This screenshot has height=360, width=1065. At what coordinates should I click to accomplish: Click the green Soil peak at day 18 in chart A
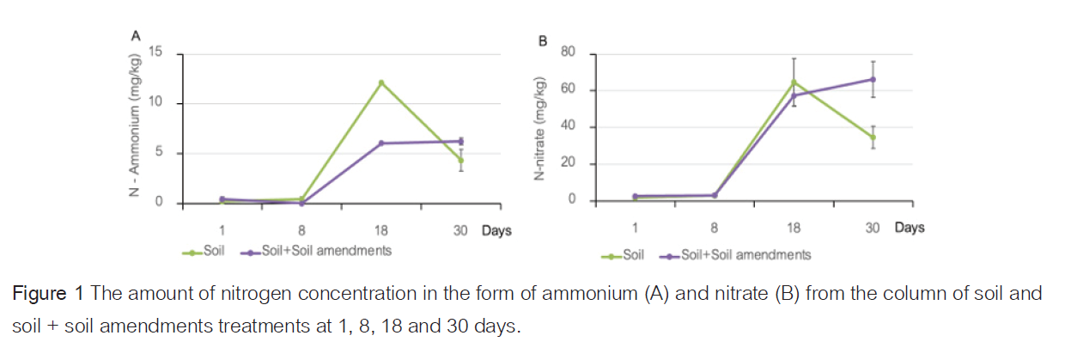(380, 82)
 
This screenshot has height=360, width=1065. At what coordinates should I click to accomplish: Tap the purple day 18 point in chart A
(380, 143)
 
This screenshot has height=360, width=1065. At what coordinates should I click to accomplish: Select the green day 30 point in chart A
(460, 160)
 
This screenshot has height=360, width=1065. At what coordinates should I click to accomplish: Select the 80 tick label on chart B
(567, 53)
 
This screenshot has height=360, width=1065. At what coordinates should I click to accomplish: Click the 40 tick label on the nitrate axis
(567, 127)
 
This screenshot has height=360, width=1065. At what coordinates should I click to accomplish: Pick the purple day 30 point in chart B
(873, 79)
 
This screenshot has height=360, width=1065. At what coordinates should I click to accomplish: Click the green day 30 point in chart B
(873, 137)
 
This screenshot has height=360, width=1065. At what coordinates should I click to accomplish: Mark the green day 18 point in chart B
(794, 82)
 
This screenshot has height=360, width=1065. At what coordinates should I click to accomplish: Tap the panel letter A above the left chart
(135, 35)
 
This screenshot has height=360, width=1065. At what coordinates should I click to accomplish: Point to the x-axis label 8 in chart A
(301, 230)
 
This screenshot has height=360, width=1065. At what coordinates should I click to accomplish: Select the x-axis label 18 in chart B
(794, 229)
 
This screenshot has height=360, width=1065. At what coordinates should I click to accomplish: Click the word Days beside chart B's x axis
(910, 228)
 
